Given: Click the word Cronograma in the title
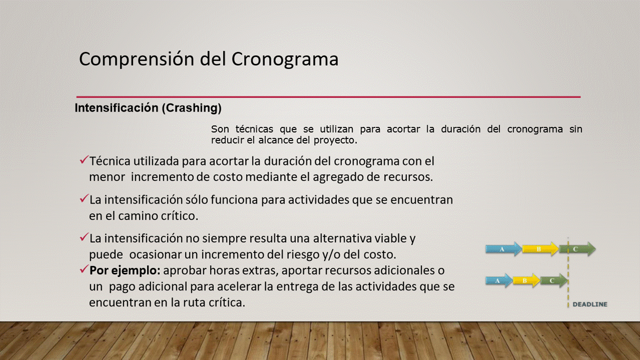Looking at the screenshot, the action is [284, 59].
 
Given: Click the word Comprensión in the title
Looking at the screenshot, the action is [137, 59].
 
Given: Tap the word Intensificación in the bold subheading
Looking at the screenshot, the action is [116, 107].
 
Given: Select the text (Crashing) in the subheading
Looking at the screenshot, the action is [191, 108].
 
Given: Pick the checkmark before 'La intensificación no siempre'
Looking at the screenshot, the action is [84, 236].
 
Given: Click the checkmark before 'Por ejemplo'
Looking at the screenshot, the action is [84, 269].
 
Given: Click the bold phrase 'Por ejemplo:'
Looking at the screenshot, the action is [125, 271].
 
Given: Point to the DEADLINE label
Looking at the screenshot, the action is [590, 304].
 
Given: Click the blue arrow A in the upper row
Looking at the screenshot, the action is [503, 249].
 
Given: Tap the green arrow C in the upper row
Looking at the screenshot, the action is [577, 249].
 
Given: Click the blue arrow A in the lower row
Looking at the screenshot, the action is [499, 280].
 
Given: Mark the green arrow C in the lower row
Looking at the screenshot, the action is [553, 280].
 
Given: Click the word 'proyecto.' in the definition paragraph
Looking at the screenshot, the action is [335, 140].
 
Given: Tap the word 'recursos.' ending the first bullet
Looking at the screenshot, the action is [408, 177].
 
